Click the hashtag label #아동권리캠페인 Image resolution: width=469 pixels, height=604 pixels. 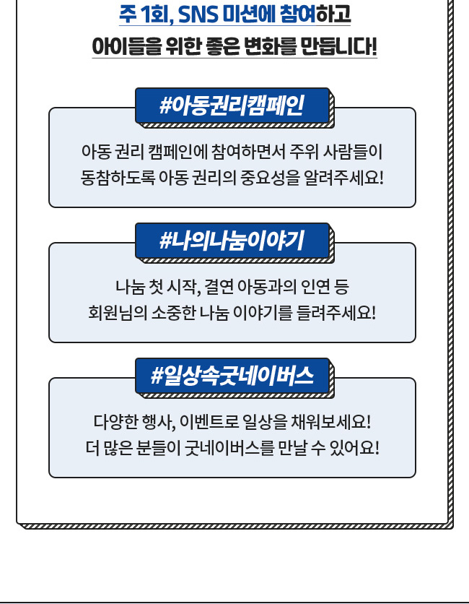point(232,105)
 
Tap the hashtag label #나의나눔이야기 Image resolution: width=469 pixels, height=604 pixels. point(232,241)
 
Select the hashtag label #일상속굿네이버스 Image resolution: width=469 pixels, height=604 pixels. point(232,376)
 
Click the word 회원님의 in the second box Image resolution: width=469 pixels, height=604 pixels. point(111,314)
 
